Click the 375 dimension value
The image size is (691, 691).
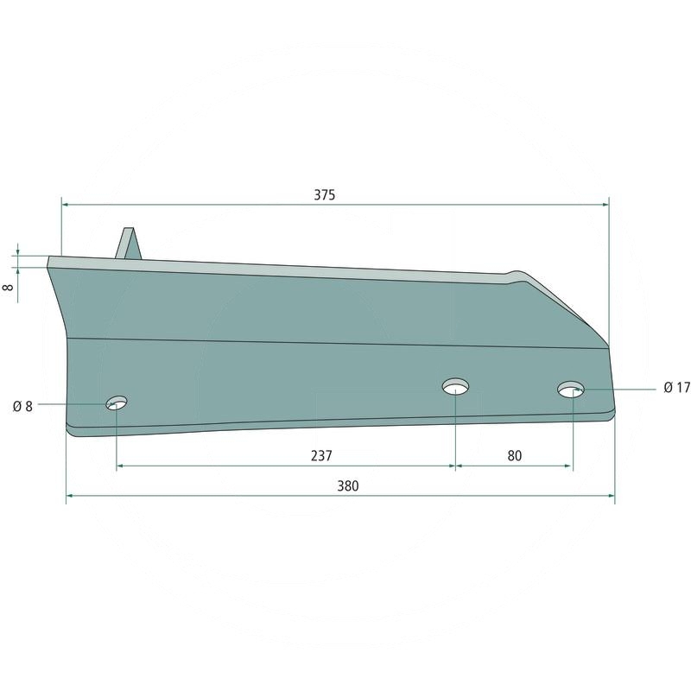pos(325,195)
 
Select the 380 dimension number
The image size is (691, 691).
pos(348,486)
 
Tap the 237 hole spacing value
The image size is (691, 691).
pos(321,456)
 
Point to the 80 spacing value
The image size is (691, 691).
pos(514,456)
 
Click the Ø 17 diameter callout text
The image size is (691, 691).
pos(677,388)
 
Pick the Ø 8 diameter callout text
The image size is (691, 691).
pos(23,406)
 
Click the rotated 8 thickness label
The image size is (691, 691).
pos(8,288)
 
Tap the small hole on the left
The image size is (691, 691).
pos(117,403)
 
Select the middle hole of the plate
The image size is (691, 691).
pos(456,386)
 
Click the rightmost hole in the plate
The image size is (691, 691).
pos(571,390)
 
